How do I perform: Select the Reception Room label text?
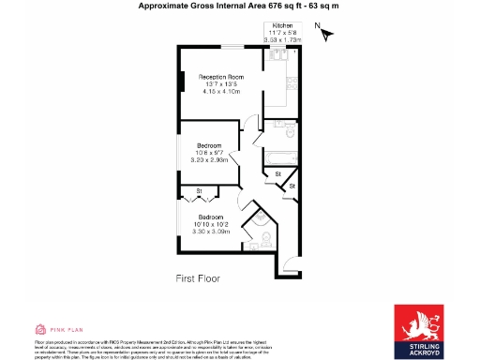221,76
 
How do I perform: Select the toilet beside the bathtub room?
289,132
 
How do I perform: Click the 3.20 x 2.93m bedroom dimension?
208,160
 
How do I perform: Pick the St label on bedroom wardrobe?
199,192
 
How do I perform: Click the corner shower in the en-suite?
252,223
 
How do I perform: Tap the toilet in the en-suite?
264,237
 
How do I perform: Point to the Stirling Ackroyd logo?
422,331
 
